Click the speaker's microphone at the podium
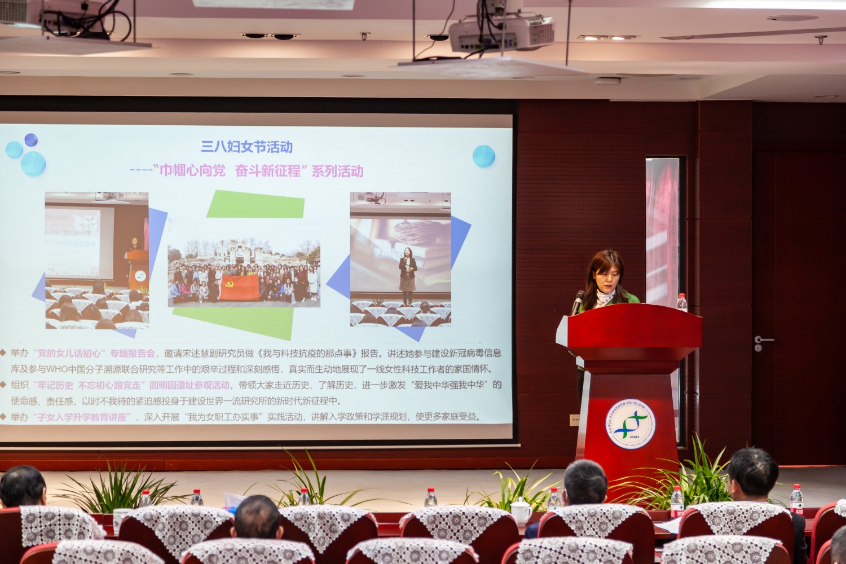pos(578,301)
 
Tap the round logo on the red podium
pos(631,424)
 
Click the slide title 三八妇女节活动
pos(247,147)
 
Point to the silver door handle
pos(764,340)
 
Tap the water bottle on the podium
pos(682,303)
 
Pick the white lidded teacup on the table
pos(521,511)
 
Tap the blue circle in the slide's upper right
pos(483,156)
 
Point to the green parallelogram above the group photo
pos(255,204)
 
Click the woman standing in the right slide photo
pos(407,270)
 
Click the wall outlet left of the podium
pos(575,420)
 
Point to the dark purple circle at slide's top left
pos(31,140)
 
